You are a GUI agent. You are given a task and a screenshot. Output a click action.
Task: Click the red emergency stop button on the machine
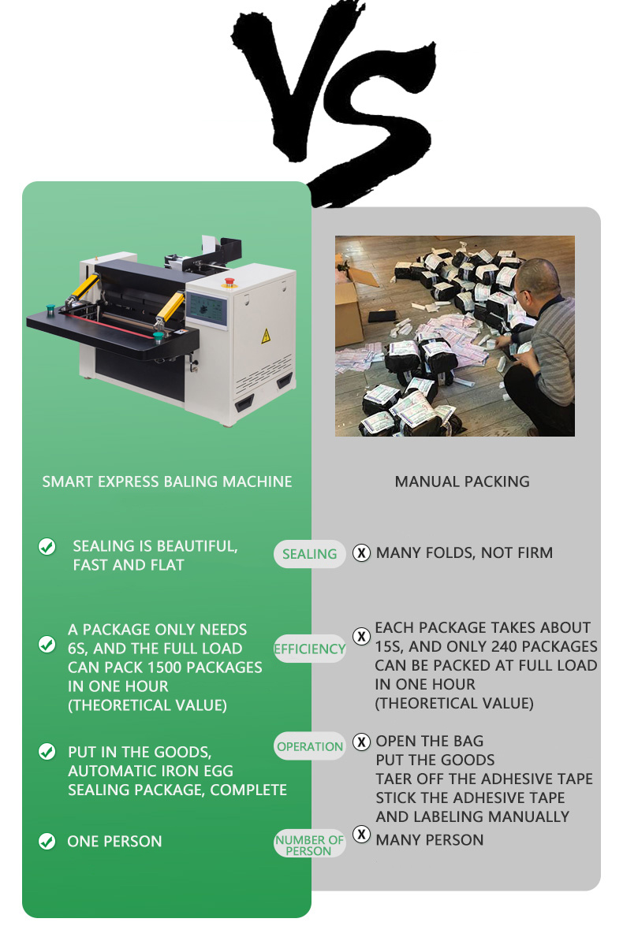tap(229, 282)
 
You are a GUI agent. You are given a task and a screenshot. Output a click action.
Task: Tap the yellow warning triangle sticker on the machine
tap(266, 337)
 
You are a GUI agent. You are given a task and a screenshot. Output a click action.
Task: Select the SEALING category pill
tap(309, 554)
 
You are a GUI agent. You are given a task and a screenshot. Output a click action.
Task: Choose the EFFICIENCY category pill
tap(309, 649)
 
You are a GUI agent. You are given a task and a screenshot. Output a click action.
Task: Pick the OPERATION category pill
tap(309, 746)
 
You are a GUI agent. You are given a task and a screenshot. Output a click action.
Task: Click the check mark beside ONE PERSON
tap(47, 841)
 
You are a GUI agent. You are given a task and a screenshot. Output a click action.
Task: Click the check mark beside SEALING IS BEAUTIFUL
tap(47, 547)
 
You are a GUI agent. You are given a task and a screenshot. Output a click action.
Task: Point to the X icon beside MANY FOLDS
tap(361, 553)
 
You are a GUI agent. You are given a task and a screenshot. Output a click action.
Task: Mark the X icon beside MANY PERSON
tap(361, 834)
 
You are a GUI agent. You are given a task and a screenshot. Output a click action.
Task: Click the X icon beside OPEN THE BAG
tap(361, 742)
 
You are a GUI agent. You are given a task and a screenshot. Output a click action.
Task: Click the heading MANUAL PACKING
tap(462, 482)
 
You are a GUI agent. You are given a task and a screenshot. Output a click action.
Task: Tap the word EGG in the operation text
tap(219, 771)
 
